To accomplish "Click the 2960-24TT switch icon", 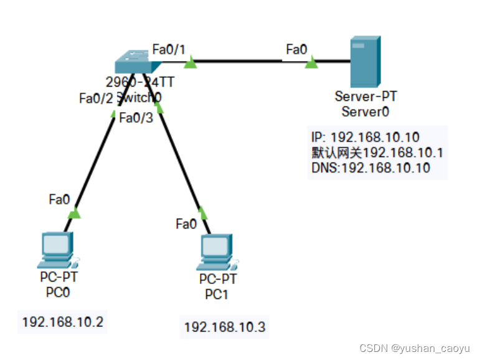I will (x=133, y=62).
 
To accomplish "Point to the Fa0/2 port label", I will (x=96, y=98).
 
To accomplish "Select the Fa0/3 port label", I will (x=135, y=117).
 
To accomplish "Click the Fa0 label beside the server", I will (x=296, y=49).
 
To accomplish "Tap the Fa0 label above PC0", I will (x=59, y=199).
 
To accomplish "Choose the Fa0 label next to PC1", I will (x=186, y=223).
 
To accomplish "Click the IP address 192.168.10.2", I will (x=62, y=322).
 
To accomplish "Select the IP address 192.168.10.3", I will (x=225, y=326).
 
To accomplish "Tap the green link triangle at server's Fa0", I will (x=311, y=62).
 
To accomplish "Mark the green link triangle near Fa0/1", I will (x=191, y=62).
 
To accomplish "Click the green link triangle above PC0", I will (x=74, y=214).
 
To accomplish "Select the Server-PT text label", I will (x=365, y=97).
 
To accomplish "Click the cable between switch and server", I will (x=249, y=61).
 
